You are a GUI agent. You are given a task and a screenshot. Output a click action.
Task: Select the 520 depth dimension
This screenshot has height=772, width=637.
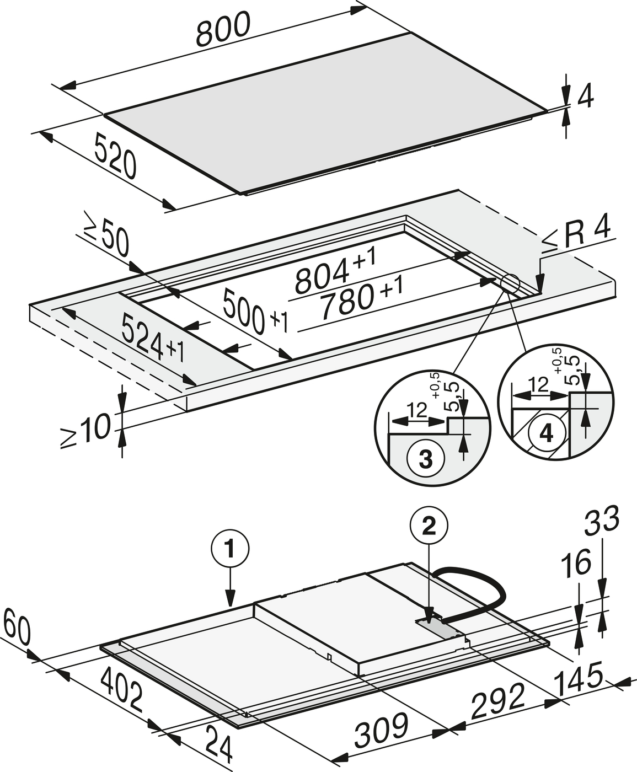point(115,156)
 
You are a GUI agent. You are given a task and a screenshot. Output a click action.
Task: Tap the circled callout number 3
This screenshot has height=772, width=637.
point(425,459)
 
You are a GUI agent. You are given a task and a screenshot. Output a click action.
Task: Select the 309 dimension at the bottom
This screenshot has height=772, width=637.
point(381,731)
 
